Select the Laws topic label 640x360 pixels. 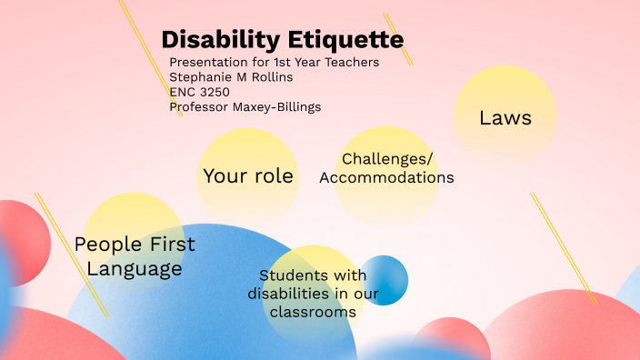(x=505, y=118)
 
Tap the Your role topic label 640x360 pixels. (x=248, y=175)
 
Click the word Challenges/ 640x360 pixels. (x=387, y=159)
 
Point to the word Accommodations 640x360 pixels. (x=386, y=177)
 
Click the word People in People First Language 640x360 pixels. (x=107, y=245)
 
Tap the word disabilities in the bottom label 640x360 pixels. (x=287, y=294)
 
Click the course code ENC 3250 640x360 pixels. (x=199, y=92)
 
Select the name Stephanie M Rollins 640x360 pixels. (x=231, y=77)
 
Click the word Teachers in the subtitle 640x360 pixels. (x=350, y=62)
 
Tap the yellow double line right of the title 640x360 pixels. (x=397, y=38)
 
